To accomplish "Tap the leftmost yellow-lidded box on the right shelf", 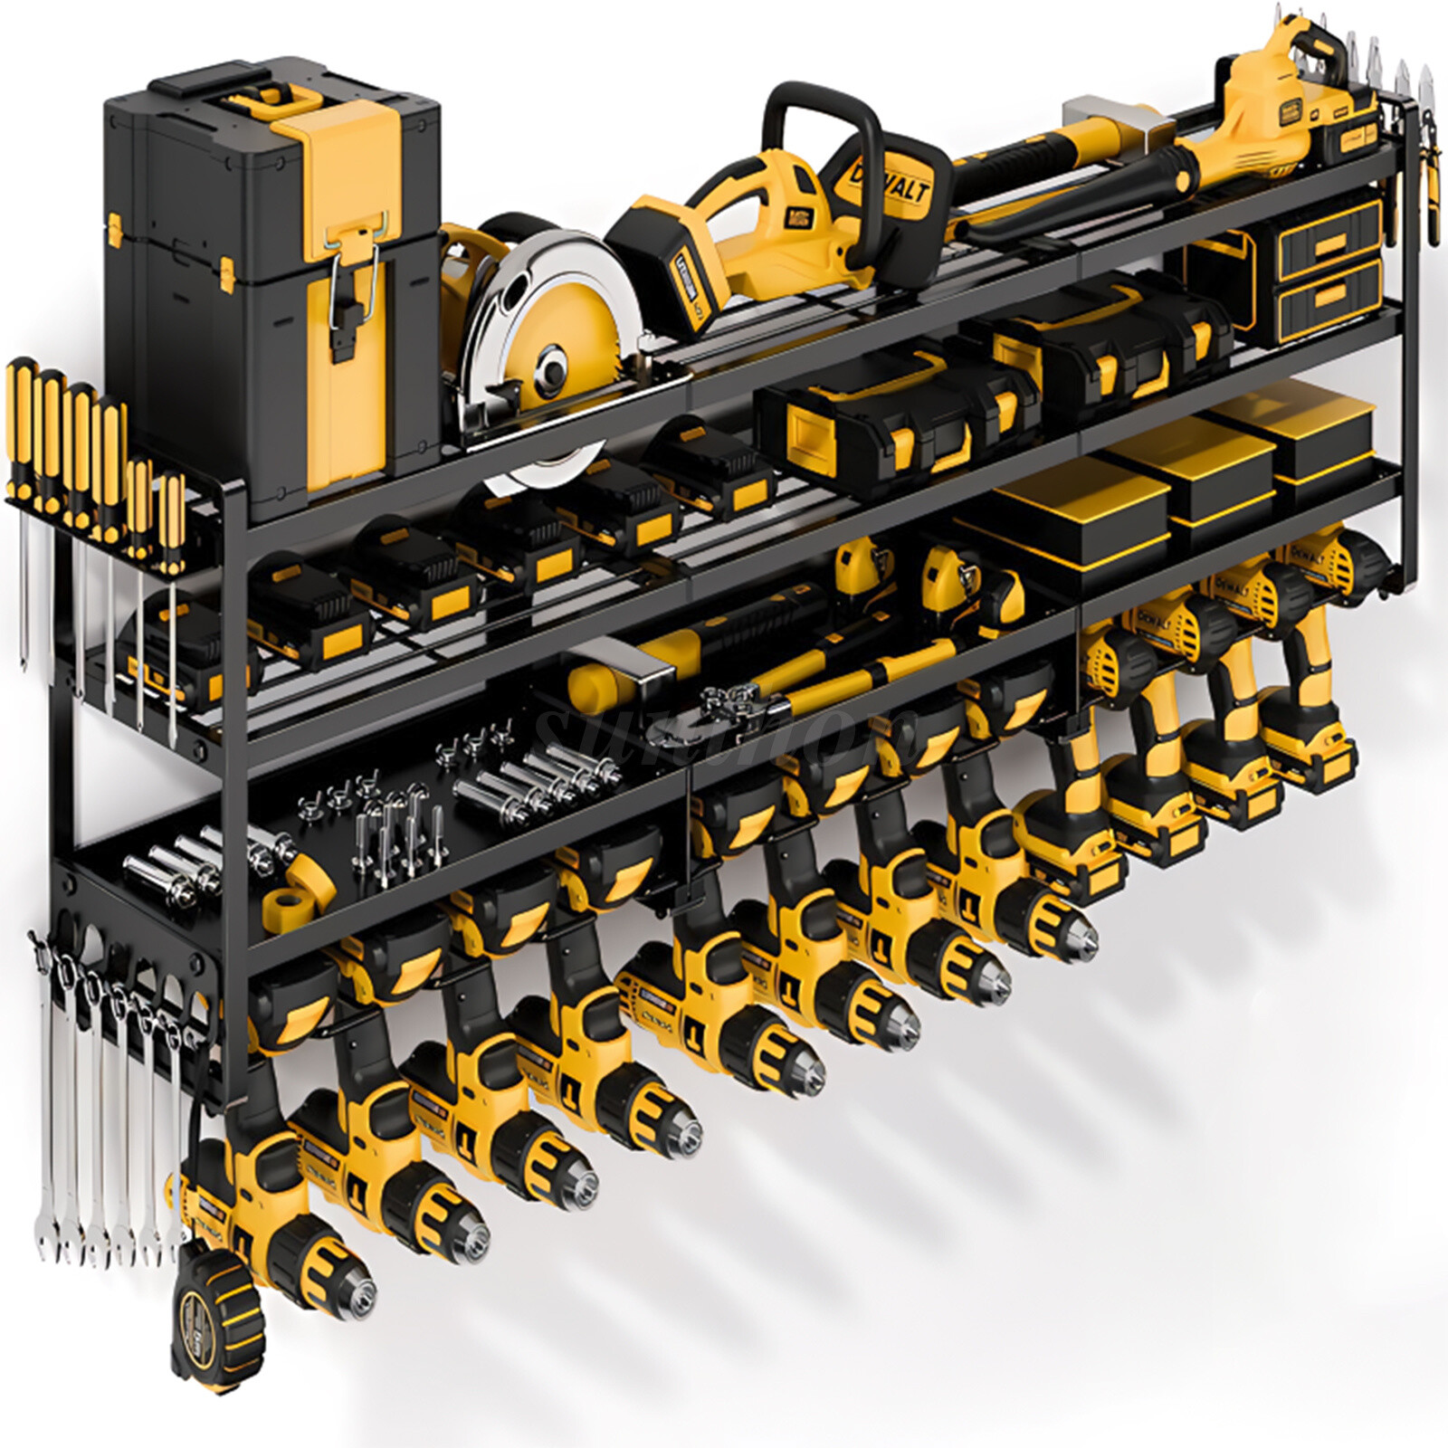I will point(1077,507).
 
